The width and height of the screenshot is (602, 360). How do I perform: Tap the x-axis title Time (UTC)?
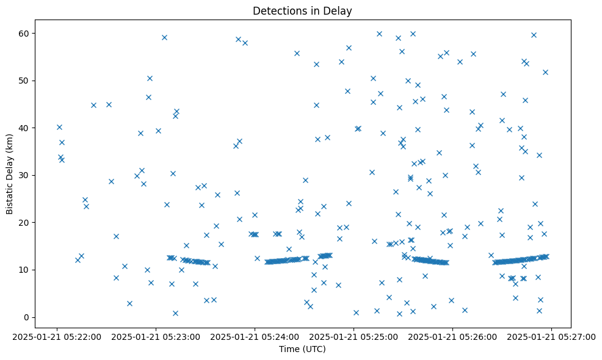coord(302,350)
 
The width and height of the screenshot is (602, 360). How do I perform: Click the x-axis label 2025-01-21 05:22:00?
coord(57,337)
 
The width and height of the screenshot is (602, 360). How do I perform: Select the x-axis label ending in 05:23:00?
coord(156,337)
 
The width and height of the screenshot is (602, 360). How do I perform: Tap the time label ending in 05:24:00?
coord(255,337)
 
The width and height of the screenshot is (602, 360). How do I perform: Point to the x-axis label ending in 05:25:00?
coord(354,337)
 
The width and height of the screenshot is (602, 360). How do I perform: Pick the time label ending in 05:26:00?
coord(452,337)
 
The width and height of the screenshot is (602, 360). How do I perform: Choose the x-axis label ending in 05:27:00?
coord(551,337)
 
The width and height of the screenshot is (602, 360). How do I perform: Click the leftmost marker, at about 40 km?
coord(59,127)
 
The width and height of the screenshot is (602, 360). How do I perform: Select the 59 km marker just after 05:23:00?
coord(164,37)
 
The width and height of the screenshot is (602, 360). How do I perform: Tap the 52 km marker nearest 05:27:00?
coord(545,72)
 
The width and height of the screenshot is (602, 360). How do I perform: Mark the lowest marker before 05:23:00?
coord(129,303)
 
